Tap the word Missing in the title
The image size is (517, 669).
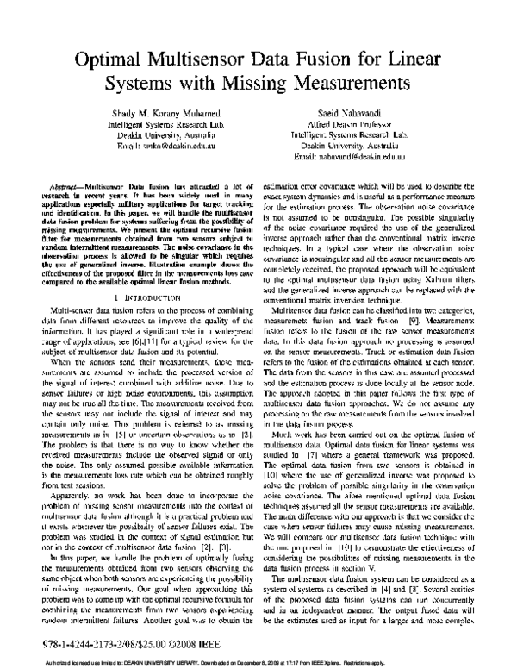(x=258, y=85)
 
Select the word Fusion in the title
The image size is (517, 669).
(x=325, y=62)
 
